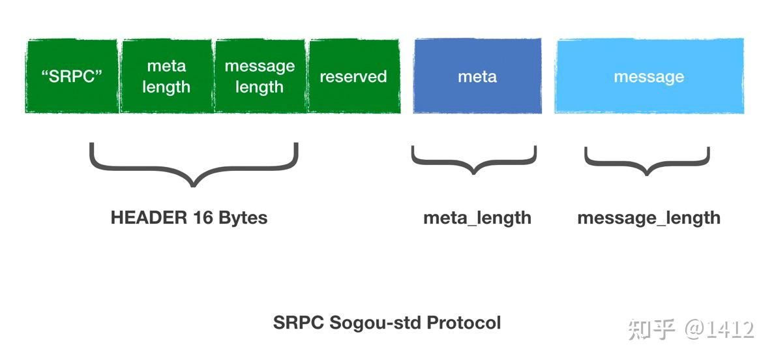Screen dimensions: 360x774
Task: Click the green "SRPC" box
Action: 72,76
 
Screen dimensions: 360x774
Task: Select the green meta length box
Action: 166,76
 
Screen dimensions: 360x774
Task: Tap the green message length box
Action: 260,76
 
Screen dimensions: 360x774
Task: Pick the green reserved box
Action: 353,76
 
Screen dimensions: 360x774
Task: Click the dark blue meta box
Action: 477,76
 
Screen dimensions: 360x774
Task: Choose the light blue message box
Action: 649,76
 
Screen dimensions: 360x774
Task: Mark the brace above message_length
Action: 647,161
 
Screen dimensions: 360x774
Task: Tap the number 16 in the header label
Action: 203,218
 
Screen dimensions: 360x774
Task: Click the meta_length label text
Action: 477,218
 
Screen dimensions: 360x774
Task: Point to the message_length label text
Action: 649,218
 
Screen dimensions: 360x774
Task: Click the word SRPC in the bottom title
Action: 299,322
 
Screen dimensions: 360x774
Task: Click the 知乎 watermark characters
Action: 651,329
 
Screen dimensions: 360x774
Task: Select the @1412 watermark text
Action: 719,329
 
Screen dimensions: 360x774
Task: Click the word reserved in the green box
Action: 353,76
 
